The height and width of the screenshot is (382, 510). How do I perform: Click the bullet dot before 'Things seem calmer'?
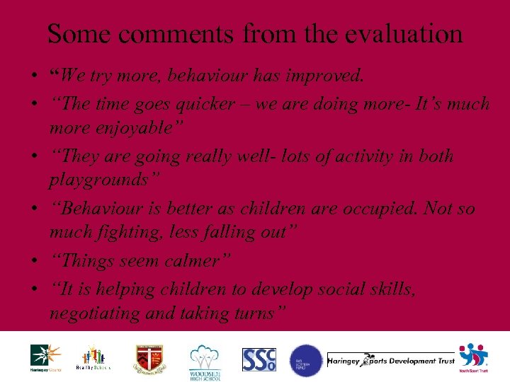tap(35, 262)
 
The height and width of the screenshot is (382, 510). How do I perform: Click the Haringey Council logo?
tap(45, 358)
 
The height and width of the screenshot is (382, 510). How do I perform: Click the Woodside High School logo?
tap(206, 361)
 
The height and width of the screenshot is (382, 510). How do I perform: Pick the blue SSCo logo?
tap(259, 359)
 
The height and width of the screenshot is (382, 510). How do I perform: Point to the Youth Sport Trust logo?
tap(473, 358)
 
